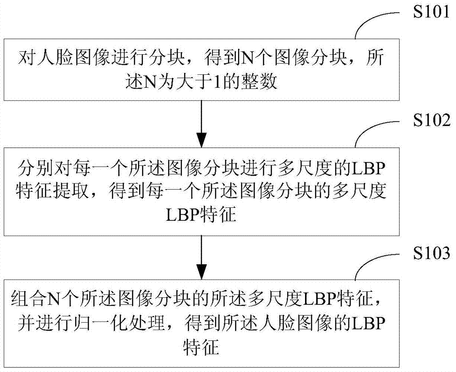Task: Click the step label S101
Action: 431,12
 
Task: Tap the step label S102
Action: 431,120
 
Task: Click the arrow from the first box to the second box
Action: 202,124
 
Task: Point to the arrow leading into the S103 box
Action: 202,258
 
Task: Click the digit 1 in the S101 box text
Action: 217,83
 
